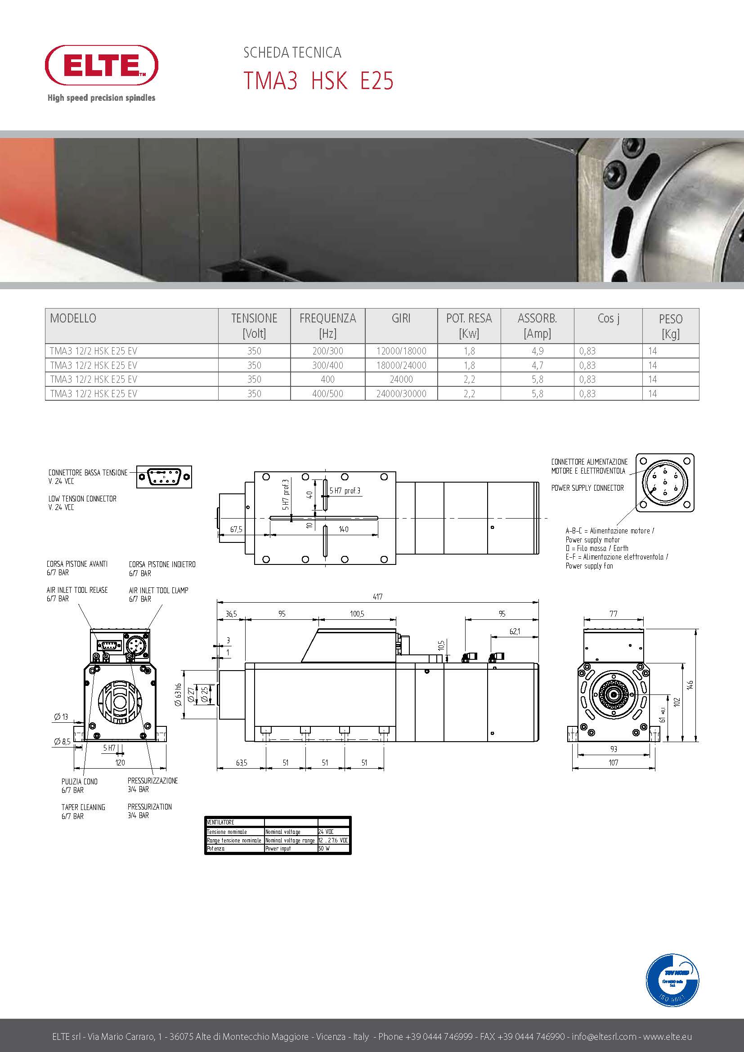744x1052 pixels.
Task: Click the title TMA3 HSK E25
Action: click(x=318, y=81)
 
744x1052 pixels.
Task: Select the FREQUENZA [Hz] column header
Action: click(x=327, y=325)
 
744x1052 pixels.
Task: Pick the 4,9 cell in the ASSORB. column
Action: click(x=538, y=351)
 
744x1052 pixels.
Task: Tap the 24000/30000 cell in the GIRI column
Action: click(x=401, y=394)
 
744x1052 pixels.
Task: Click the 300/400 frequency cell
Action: click(x=327, y=365)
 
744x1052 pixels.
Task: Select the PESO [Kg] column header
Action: click(x=670, y=326)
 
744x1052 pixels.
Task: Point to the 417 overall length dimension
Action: click(x=377, y=596)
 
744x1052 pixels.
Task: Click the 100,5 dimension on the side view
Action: click(x=357, y=614)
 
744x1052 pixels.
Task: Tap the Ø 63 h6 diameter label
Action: click(x=179, y=694)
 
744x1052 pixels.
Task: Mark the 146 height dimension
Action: click(x=690, y=685)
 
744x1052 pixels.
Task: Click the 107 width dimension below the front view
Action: click(x=613, y=762)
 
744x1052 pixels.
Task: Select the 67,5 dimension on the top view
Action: click(x=237, y=529)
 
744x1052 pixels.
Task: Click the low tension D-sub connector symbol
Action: click(x=164, y=476)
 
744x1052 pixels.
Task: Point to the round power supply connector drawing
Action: click(x=665, y=483)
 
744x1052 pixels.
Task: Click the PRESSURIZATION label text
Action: click(x=149, y=806)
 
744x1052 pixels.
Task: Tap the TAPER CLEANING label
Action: click(x=83, y=807)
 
